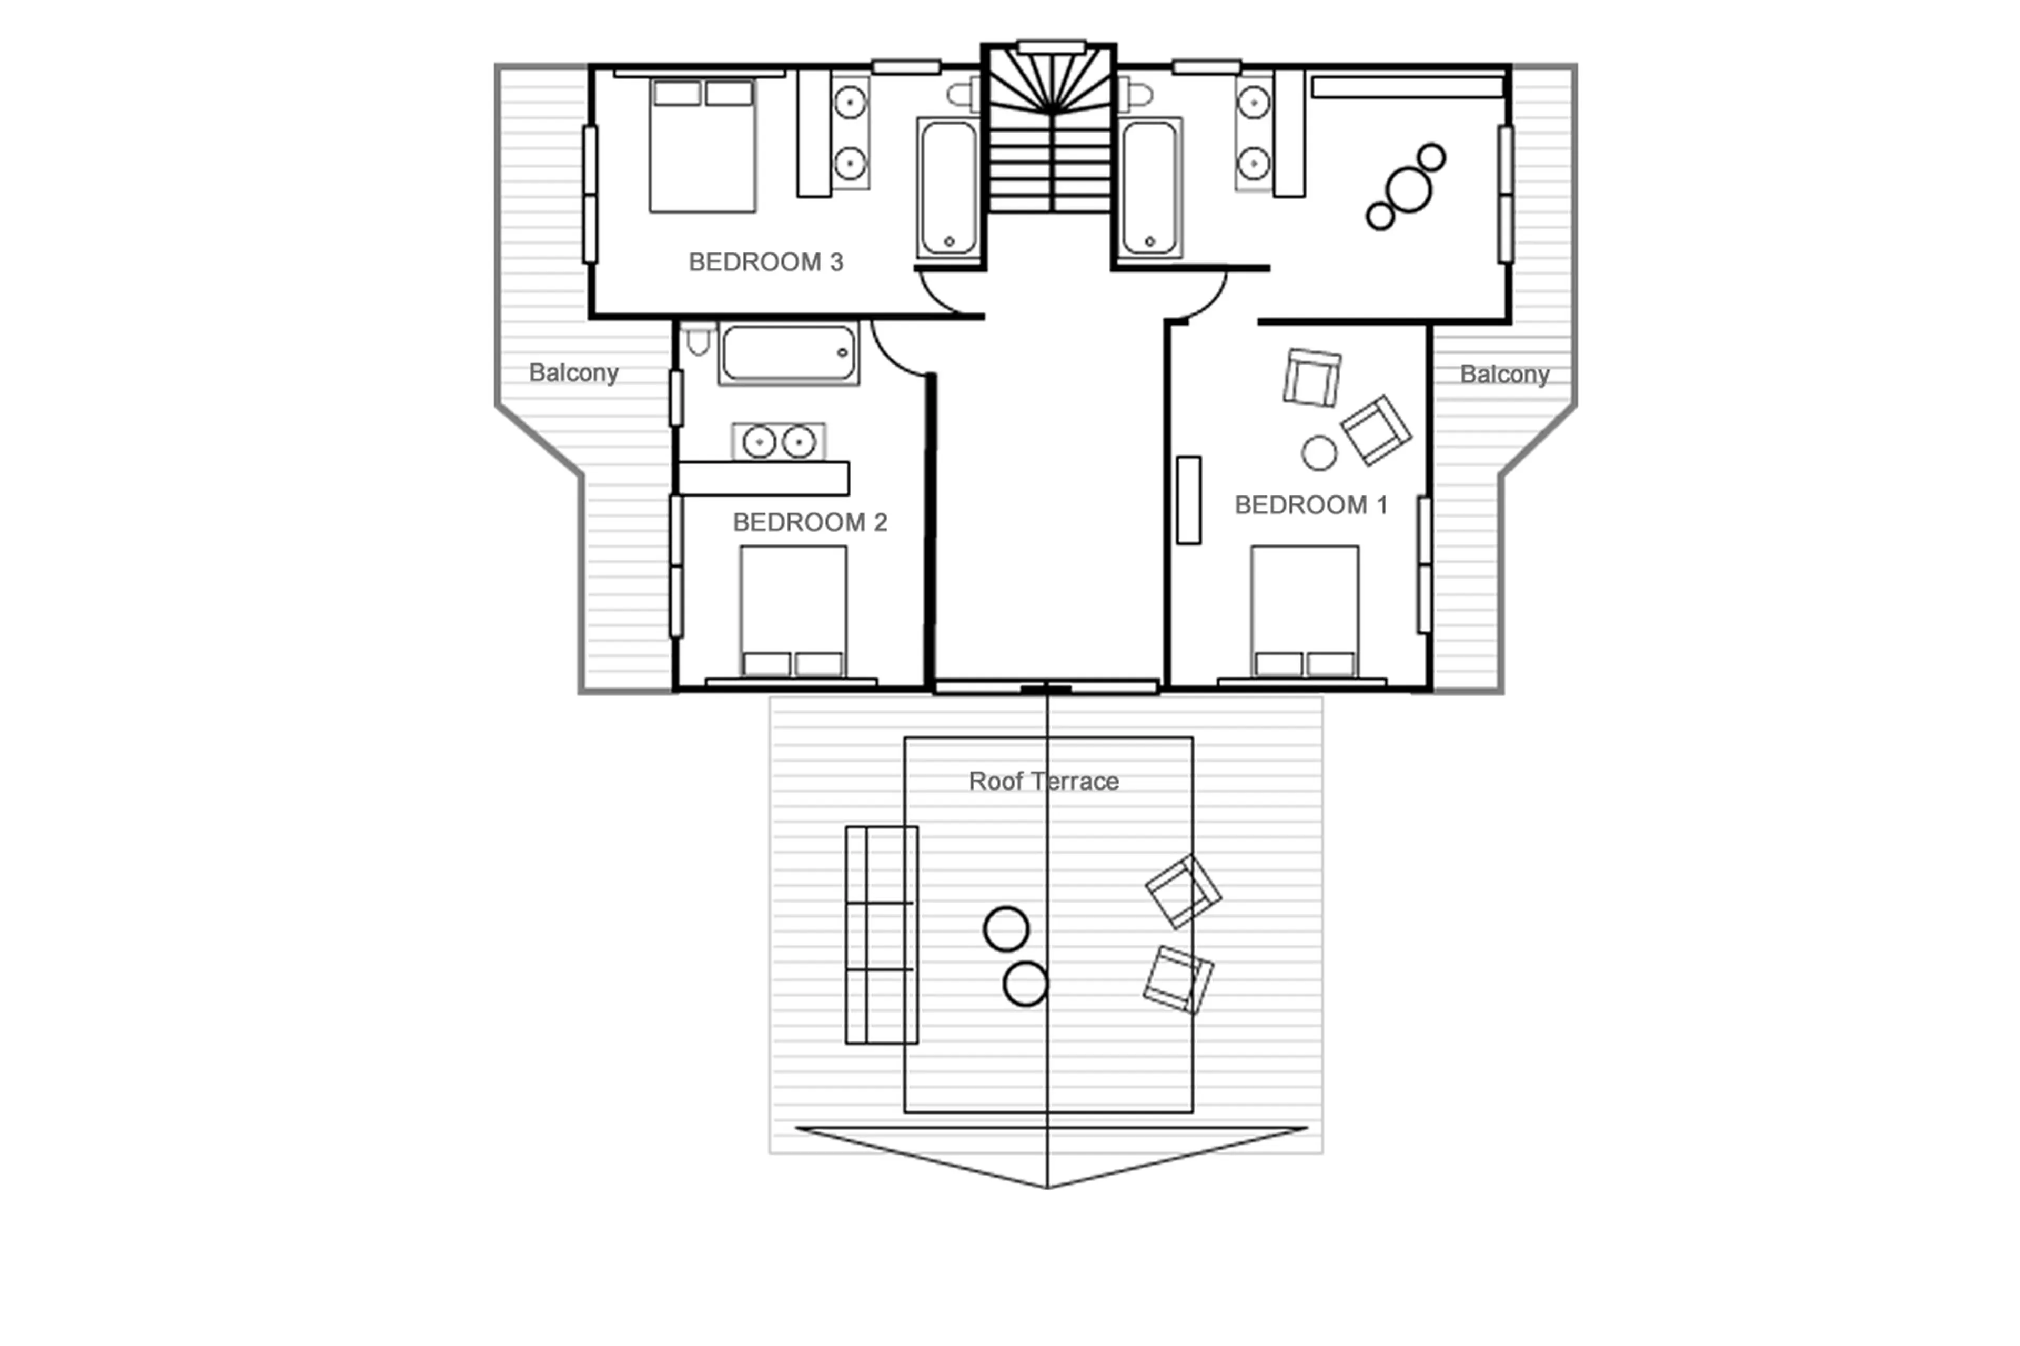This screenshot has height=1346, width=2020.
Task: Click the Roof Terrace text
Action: point(1043,781)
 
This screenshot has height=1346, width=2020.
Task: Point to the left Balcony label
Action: point(573,372)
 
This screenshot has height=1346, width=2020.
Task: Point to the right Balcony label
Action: point(1503,375)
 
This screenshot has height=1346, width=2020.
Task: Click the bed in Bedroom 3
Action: point(702,146)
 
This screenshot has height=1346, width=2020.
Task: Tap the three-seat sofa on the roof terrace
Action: point(881,935)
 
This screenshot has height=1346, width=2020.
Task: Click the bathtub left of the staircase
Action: point(948,188)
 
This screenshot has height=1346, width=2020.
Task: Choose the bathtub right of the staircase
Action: point(1149,188)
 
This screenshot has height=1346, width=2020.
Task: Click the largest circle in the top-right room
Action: point(1408,190)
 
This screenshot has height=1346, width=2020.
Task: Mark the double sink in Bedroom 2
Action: point(779,442)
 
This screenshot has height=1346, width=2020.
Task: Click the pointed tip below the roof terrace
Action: point(1046,1186)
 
